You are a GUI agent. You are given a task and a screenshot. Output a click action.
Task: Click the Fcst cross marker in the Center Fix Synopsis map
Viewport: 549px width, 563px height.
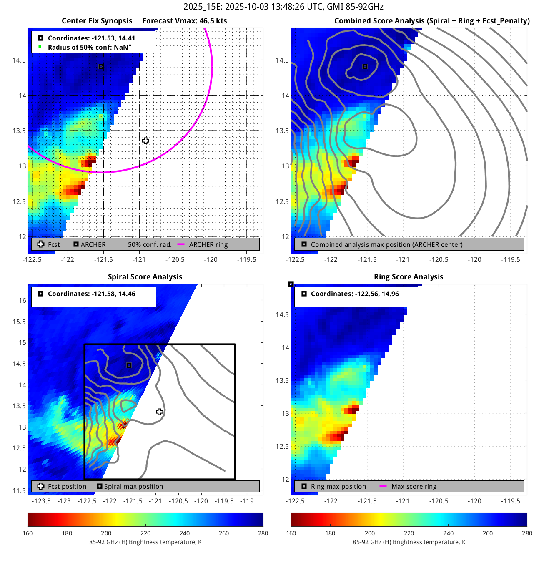[x=145, y=141]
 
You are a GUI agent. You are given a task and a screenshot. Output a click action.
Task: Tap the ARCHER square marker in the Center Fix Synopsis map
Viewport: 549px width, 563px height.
[x=101, y=67]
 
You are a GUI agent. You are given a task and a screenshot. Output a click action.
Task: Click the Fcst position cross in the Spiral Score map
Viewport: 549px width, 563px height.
[x=159, y=412]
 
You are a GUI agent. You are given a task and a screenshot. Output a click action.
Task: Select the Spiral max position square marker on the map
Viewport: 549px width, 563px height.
[x=129, y=365]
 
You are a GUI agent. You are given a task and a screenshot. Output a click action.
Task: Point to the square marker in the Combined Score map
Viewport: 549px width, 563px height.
[x=365, y=66]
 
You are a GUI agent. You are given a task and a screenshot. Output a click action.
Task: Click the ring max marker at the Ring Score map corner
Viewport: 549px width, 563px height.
[x=291, y=284]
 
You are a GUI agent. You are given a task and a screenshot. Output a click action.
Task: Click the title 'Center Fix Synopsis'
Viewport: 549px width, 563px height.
[x=97, y=21]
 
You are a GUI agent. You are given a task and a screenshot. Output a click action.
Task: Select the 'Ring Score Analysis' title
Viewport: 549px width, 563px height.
[x=409, y=277]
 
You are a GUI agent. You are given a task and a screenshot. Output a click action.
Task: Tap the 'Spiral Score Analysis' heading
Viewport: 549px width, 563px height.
[x=145, y=277]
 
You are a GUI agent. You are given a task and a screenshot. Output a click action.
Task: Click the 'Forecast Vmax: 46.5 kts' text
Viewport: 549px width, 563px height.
[x=184, y=21]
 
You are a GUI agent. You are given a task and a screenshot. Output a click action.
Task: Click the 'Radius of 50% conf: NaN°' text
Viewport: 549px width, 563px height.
[x=90, y=47]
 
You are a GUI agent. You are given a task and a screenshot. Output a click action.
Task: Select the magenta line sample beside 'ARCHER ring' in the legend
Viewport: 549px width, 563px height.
[x=181, y=244]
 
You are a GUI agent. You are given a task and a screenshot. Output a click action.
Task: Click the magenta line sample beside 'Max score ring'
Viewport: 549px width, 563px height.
[x=383, y=486]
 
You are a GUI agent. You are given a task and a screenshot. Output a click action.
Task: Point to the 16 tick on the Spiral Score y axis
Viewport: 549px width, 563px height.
[x=22, y=300]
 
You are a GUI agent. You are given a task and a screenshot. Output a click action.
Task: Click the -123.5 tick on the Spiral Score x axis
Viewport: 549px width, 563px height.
[x=41, y=501]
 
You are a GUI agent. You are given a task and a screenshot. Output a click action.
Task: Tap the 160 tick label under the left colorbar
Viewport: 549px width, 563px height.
[x=28, y=533]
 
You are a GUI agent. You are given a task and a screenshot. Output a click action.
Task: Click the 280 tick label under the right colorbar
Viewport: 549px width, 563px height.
[x=527, y=533]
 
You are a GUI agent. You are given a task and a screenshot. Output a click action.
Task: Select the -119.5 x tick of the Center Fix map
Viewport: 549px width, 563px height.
[x=246, y=259]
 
